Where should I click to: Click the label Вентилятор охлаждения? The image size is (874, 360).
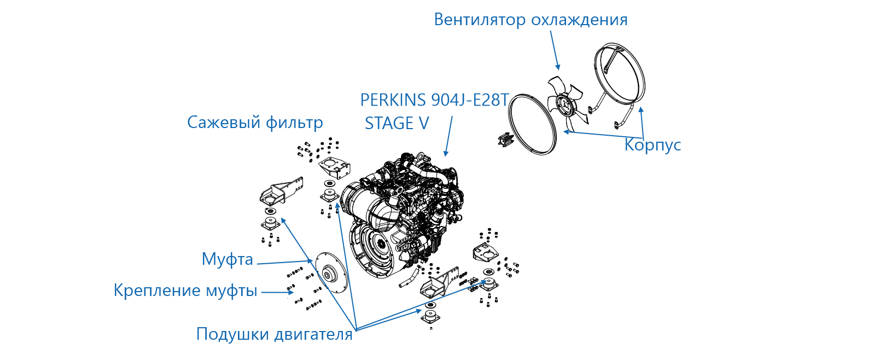click(531, 20)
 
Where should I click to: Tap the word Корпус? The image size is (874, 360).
click(652, 145)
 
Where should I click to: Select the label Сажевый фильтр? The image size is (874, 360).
click(255, 123)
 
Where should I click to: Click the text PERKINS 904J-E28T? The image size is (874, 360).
click(434, 100)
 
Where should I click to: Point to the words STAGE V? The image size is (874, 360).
click(397, 124)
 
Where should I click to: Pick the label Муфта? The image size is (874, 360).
click(227, 259)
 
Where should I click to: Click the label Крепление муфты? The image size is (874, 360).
click(185, 291)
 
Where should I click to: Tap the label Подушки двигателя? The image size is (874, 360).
click(275, 334)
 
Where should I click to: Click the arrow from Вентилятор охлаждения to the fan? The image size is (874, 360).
click(555, 50)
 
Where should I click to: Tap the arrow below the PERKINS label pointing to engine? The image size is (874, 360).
click(448, 136)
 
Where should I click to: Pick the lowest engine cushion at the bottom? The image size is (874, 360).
click(431, 317)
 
